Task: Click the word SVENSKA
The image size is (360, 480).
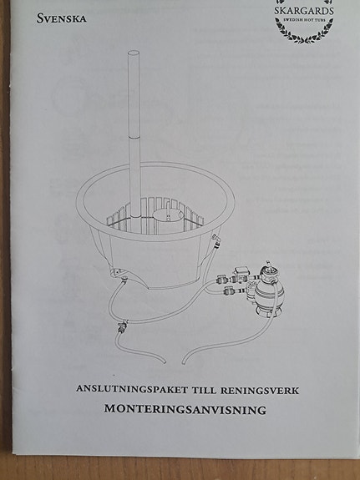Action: (61, 18)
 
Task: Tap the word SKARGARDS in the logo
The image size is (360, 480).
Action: (304, 11)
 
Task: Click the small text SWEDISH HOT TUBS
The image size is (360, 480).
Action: (304, 20)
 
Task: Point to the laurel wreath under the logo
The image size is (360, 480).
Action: (304, 33)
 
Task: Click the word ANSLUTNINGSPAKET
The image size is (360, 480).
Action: (132, 389)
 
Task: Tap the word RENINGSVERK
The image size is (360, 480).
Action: (260, 391)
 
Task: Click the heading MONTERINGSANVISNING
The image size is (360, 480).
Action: (185, 409)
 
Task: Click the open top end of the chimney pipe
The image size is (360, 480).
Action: (134, 53)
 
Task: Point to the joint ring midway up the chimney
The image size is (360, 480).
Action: (134, 139)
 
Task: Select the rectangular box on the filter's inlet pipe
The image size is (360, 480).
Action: (241, 271)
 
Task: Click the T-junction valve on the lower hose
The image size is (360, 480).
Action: (122, 326)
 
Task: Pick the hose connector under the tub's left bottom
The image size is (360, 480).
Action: (124, 279)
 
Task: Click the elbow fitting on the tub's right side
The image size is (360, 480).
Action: (216, 241)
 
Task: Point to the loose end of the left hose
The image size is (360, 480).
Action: (165, 361)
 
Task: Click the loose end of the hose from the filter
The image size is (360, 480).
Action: (184, 362)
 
